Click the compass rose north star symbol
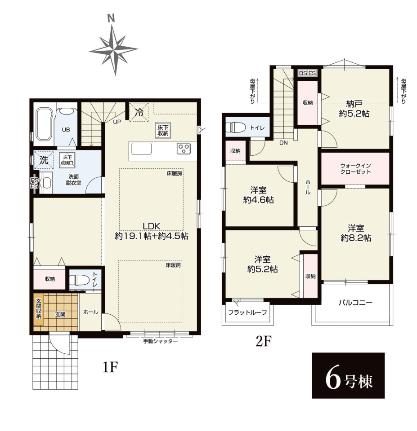click(x=113, y=50)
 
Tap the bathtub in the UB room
click(x=44, y=123)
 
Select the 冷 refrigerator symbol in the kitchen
click(x=139, y=112)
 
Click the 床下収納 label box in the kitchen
click(x=163, y=130)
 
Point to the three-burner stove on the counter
click(x=184, y=149)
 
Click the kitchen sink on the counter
click(x=141, y=149)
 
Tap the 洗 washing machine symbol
click(x=44, y=160)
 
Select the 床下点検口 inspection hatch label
click(x=67, y=160)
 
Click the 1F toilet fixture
click(x=79, y=280)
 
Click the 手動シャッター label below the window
click(x=160, y=341)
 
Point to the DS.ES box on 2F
click(x=308, y=73)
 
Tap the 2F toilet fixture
click(x=236, y=128)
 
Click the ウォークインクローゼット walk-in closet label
click(x=355, y=168)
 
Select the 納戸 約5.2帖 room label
click(x=354, y=109)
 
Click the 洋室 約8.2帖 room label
click(x=356, y=233)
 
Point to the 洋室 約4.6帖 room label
click(x=258, y=195)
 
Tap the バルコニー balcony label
click(x=355, y=303)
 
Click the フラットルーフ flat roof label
click(x=247, y=312)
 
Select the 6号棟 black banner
click(x=348, y=375)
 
